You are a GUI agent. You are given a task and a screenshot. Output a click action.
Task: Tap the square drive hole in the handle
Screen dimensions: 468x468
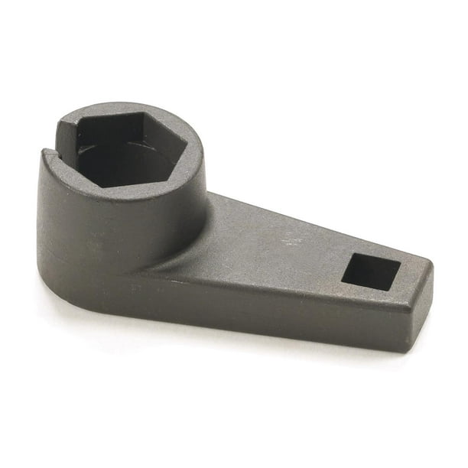click(x=370, y=272)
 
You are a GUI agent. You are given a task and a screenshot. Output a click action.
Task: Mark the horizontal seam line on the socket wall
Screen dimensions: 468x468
click(x=84, y=252)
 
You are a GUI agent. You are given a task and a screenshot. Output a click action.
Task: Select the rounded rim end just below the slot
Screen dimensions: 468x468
click(x=47, y=157)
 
